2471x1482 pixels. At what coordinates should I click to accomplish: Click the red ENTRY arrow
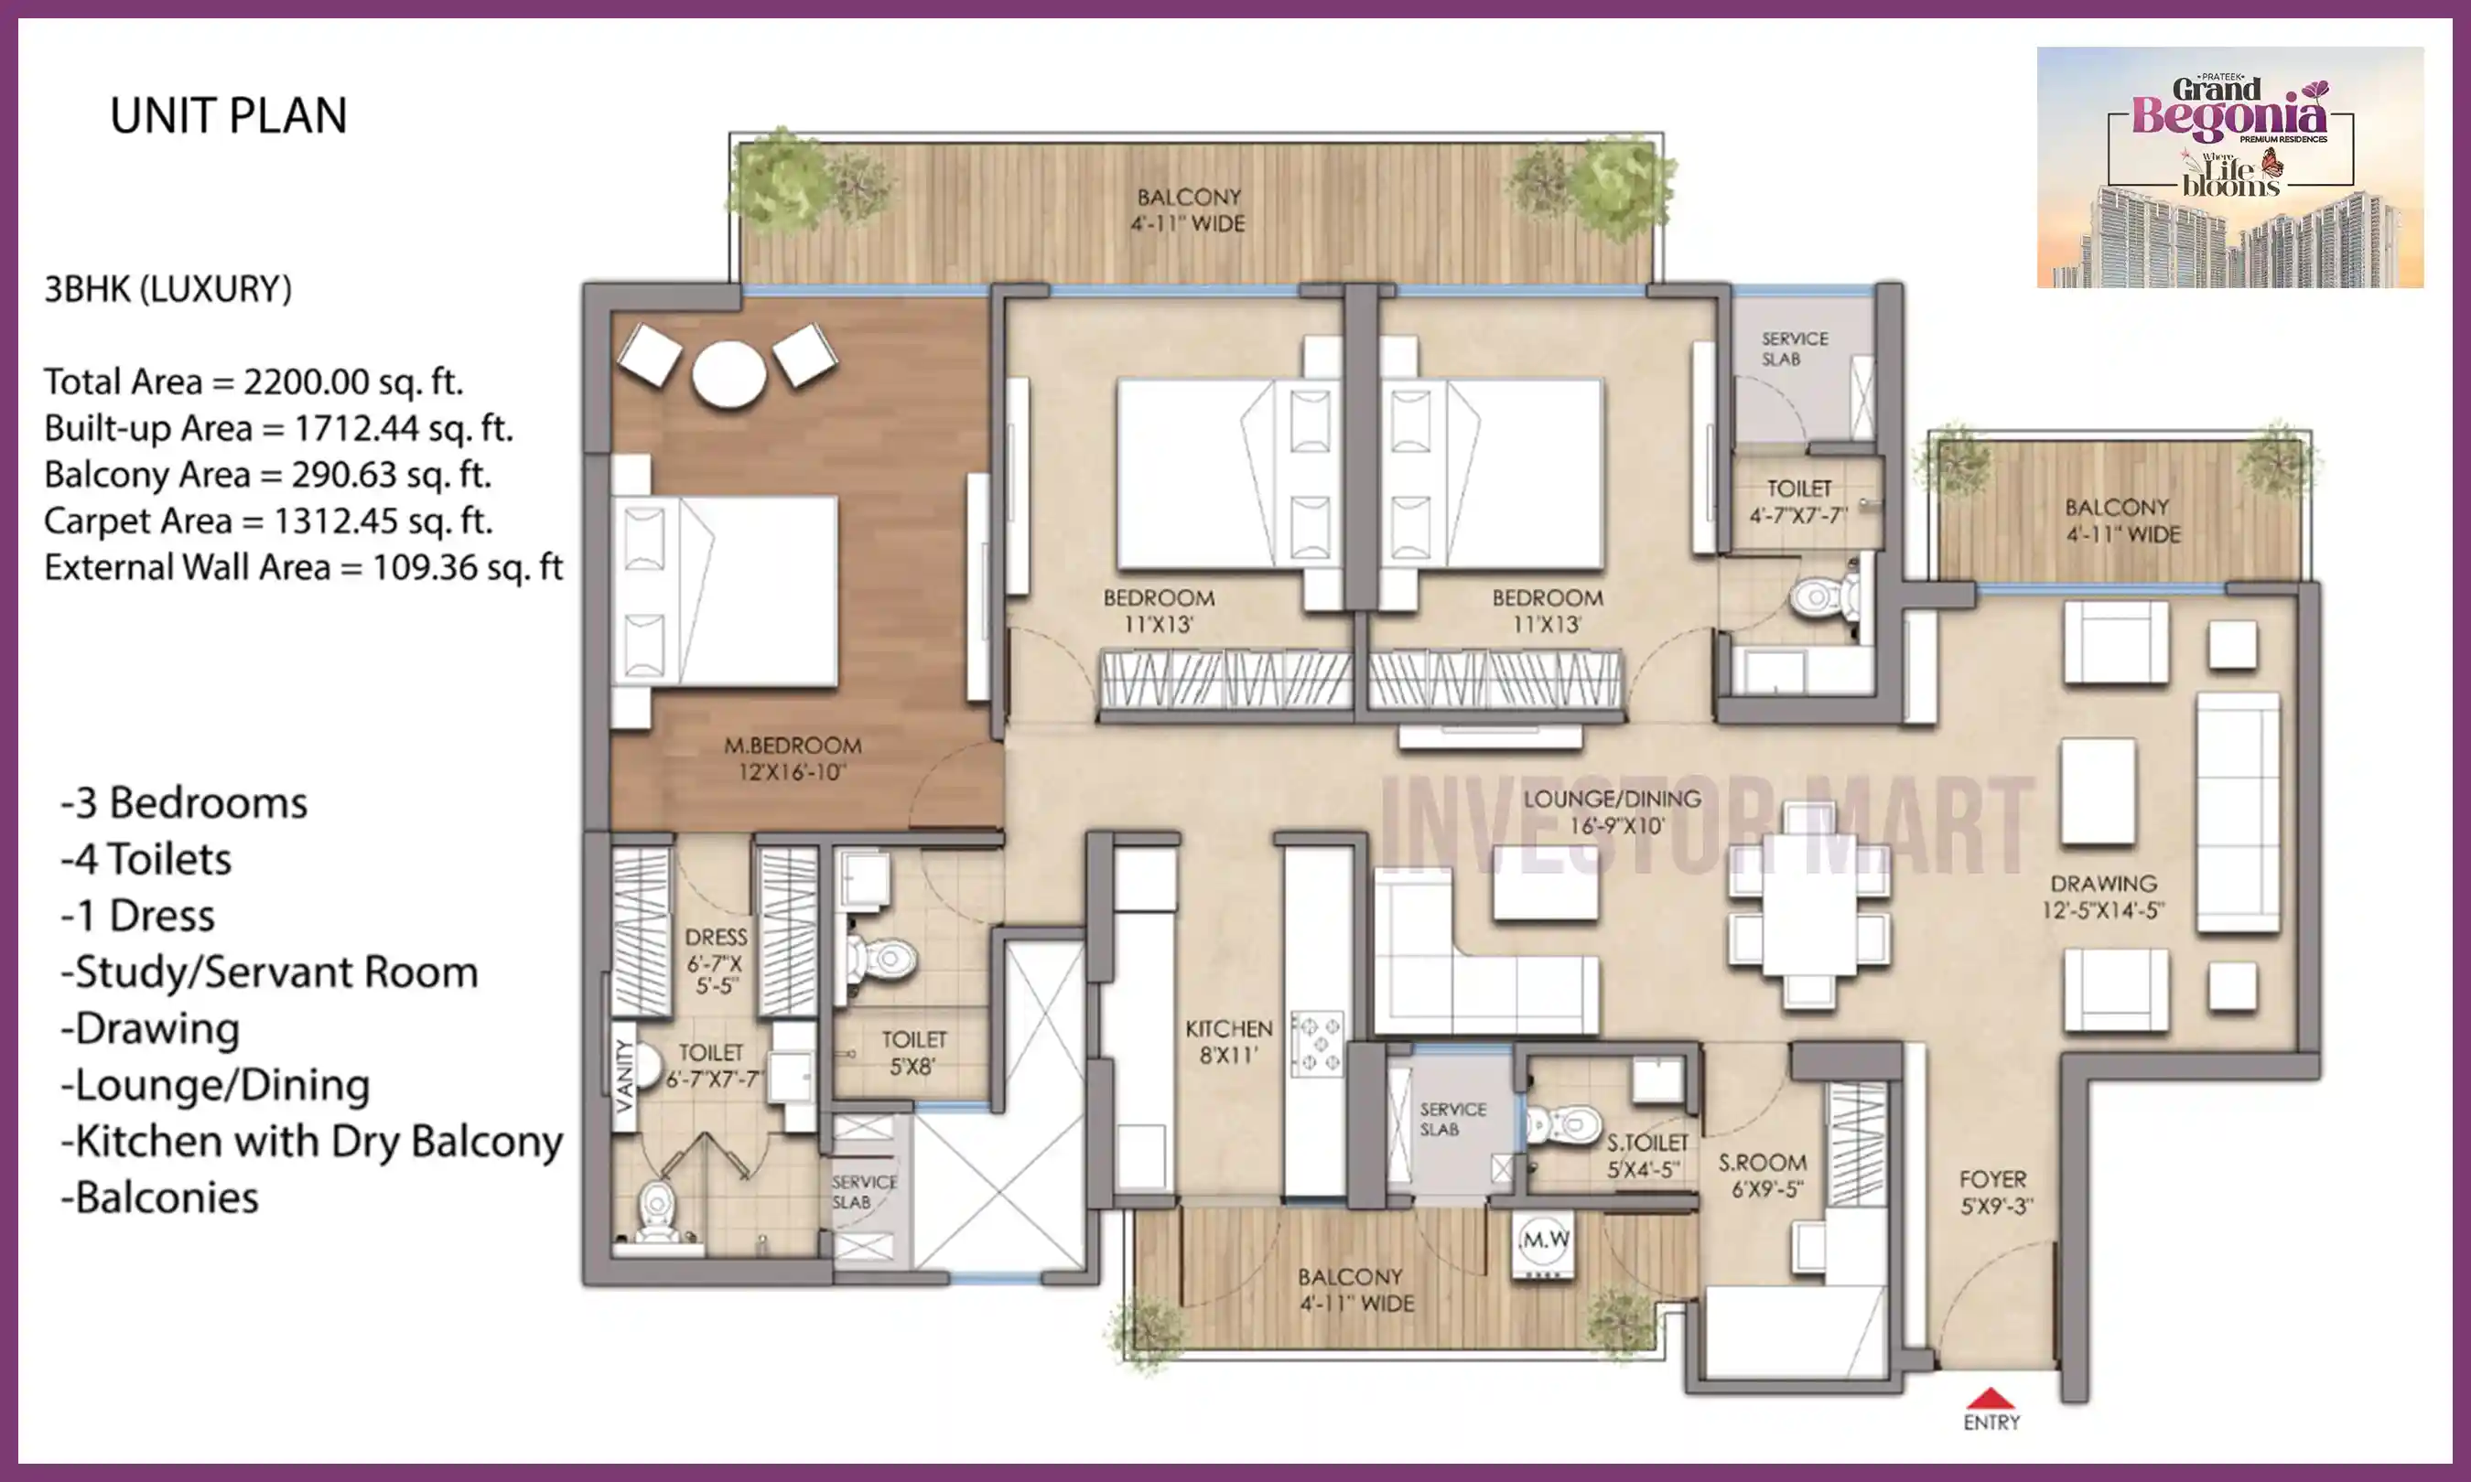click(x=1991, y=1398)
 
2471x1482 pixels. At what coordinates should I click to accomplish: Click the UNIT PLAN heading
click(x=229, y=116)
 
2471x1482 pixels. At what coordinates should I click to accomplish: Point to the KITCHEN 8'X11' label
click(x=1228, y=1042)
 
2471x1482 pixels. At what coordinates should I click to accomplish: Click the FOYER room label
click(x=1993, y=1192)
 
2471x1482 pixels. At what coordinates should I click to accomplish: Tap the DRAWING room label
click(x=2103, y=897)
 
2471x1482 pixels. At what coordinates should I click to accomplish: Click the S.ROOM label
click(x=1762, y=1176)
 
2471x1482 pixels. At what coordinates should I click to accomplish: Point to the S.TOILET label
click(x=1646, y=1155)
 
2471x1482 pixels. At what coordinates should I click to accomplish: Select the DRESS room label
click(x=715, y=961)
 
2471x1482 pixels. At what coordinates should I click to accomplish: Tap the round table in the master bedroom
click(x=729, y=374)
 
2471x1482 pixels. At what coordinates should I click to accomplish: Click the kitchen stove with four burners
click(x=1317, y=1044)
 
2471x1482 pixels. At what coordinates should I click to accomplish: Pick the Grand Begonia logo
click(x=2229, y=166)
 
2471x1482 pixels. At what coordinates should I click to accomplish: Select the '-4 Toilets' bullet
click(x=146, y=859)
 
